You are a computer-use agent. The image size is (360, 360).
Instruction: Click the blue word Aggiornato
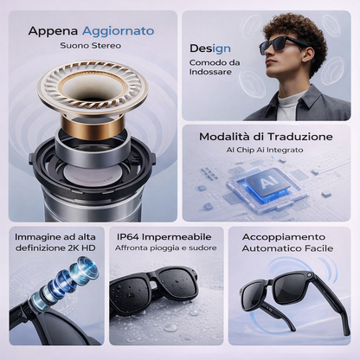click(x=119, y=30)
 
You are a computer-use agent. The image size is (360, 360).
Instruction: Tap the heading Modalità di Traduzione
click(x=265, y=136)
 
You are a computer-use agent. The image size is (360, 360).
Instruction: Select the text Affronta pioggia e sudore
click(x=165, y=248)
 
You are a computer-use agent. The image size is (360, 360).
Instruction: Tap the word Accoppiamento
click(x=287, y=235)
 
